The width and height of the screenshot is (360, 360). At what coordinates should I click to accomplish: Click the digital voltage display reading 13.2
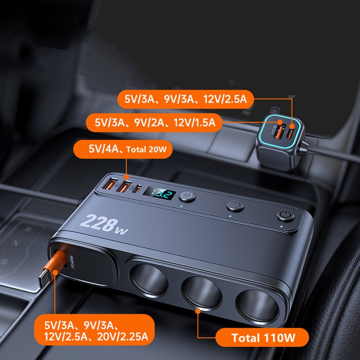[x=159, y=195]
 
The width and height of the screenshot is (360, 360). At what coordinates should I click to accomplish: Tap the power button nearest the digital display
[x=187, y=197]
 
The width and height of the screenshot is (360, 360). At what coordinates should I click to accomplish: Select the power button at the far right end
[x=285, y=216]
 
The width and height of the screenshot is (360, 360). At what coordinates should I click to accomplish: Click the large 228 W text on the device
[x=103, y=225]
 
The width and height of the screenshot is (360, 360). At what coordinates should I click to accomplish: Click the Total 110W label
[x=262, y=338]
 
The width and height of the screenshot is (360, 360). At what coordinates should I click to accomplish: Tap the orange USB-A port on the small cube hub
[x=280, y=129]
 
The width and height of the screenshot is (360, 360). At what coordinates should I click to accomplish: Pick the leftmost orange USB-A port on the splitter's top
[x=109, y=185]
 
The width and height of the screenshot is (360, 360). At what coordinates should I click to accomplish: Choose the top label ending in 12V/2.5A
[x=185, y=99]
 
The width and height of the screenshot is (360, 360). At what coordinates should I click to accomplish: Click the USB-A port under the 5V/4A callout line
[x=125, y=187]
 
